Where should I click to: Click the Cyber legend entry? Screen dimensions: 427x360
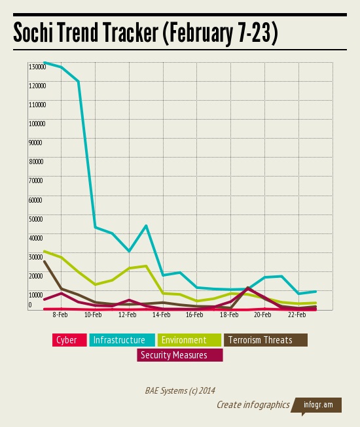[66, 340]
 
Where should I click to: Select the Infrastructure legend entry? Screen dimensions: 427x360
[118, 340]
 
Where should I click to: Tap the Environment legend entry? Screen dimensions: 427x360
[184, 340]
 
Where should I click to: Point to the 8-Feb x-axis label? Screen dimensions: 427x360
[60, 315]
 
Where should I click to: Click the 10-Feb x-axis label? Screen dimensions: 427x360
[93, 315]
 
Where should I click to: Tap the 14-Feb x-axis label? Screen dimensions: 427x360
[161, 315]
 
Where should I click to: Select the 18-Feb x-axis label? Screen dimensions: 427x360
[228, 315]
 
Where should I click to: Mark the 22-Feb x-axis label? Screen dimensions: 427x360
[297, 315]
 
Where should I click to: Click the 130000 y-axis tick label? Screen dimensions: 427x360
[37, 67]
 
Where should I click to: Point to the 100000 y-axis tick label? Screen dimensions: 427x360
[37, 124]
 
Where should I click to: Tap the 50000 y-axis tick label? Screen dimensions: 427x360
[35, 218]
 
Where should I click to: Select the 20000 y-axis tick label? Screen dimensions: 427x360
[35, 275]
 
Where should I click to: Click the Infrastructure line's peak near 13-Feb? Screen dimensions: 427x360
[146, 226]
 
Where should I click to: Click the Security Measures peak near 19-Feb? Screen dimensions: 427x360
[248, 288]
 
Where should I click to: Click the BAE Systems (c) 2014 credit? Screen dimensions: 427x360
[180, 390]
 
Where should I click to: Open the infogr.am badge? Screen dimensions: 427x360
[317, 405]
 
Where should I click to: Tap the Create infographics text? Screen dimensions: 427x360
[253, 405]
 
